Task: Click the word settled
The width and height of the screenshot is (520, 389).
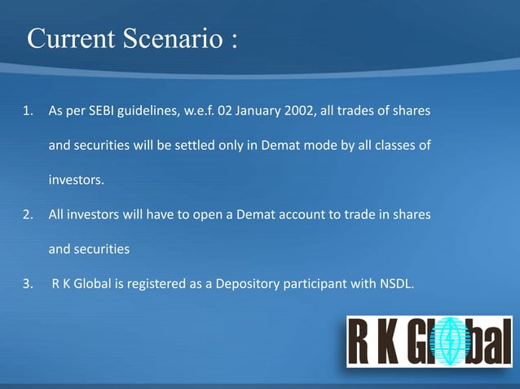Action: (214, 146)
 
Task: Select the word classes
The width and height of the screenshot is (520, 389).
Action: (394, 146)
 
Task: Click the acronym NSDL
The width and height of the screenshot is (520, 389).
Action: (396, 284)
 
